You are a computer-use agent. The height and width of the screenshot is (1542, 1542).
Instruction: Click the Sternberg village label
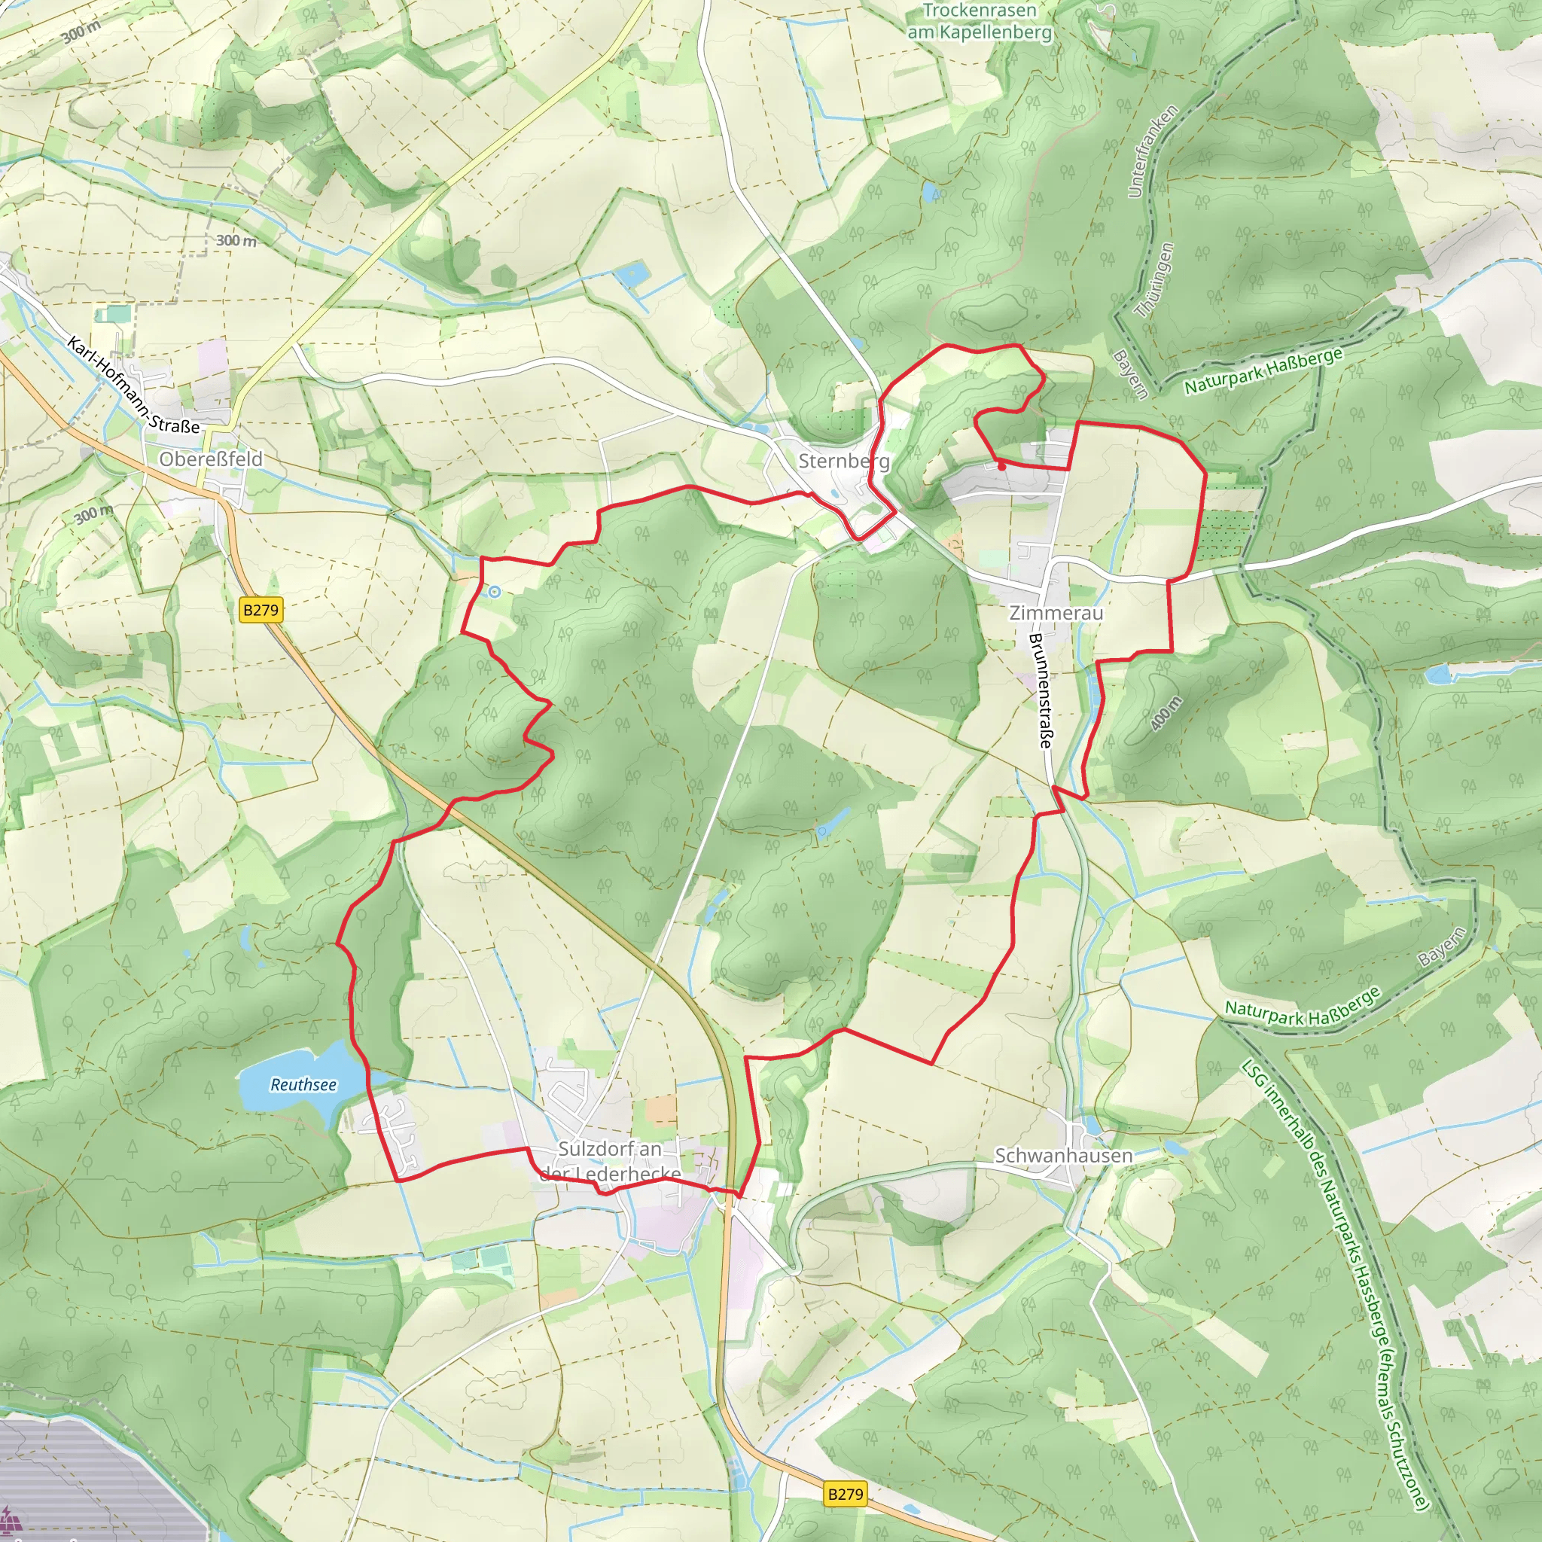(843, 462)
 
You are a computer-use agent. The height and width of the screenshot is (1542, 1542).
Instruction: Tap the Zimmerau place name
(1056, 613)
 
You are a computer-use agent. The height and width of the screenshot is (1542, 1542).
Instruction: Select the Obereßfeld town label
(211, 459)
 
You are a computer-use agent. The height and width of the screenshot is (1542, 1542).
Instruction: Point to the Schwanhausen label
(1063, 1156)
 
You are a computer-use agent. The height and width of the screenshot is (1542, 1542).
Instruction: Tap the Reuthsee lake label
(303, 1085)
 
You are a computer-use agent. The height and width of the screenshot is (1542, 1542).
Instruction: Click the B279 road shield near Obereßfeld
(261, 611)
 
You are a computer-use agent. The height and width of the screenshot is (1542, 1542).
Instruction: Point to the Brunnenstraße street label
(1041, 690)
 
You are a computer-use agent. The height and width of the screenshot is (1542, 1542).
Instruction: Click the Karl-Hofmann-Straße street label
(133, 386)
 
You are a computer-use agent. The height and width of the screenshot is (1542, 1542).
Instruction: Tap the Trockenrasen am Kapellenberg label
(980, 22)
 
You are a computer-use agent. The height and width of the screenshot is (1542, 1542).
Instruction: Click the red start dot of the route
(1001, 466)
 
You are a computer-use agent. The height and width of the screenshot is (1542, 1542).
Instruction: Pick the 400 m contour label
(1166, 714)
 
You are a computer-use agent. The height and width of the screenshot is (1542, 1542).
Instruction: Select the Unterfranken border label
(1152, 151)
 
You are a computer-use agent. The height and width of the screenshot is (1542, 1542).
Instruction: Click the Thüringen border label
(1155, 280)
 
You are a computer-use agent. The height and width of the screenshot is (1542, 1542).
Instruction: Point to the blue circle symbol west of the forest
(495, 591)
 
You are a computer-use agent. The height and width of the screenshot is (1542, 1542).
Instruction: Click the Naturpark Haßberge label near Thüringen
(1263, 371)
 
